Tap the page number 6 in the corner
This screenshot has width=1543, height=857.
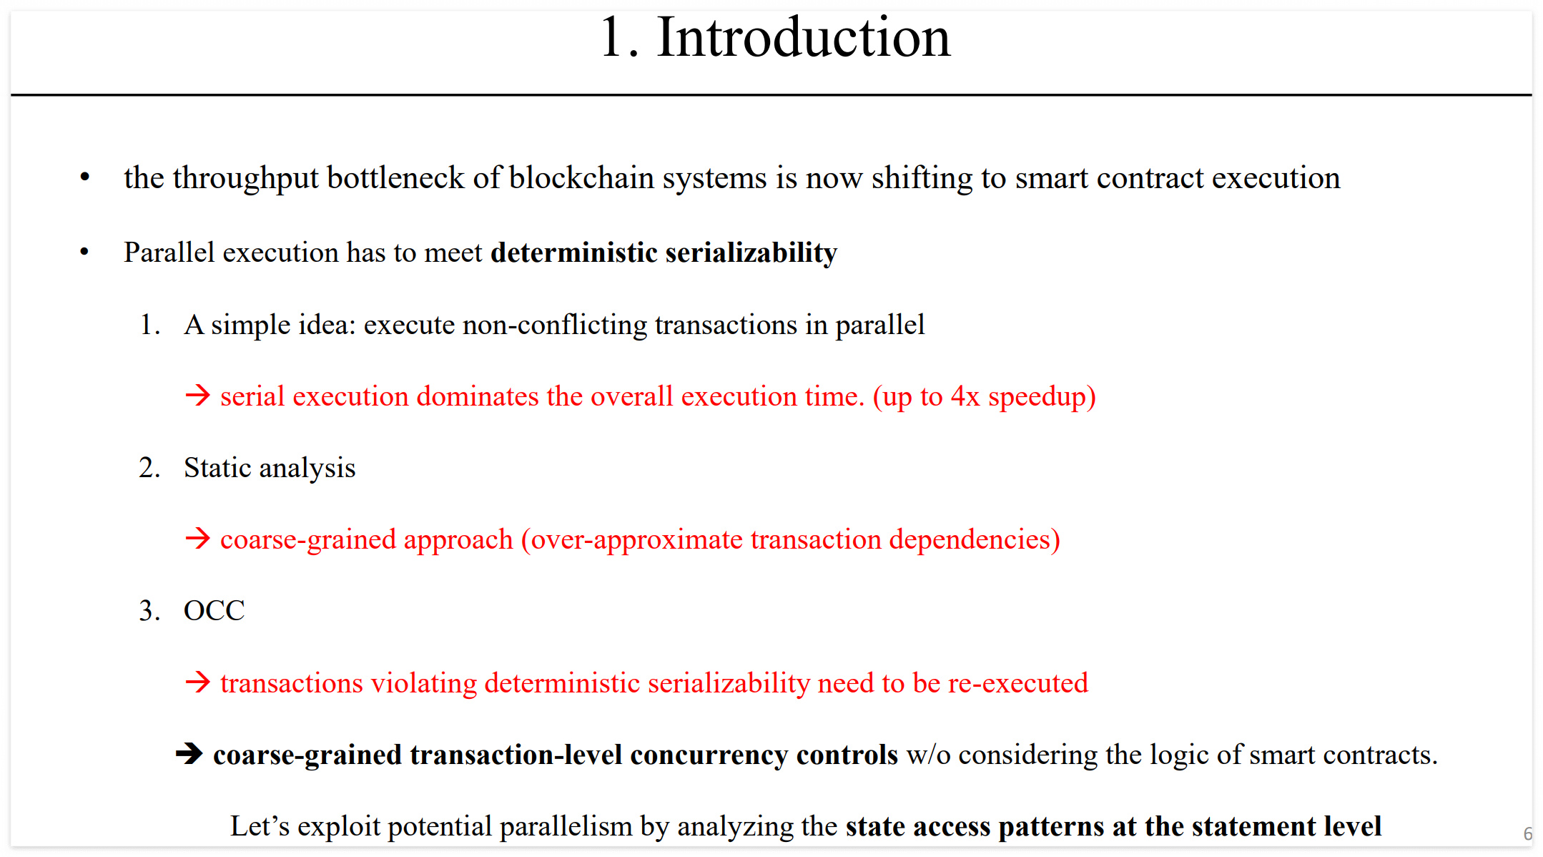click(1527, 834)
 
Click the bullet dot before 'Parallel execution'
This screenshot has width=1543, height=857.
click(85, 252)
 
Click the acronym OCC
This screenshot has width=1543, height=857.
click(214, 611)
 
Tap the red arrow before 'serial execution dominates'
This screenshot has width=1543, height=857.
click(197, 396)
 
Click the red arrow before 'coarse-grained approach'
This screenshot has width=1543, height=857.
click(197, 539)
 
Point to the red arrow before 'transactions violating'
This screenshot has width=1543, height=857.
click(197, 682)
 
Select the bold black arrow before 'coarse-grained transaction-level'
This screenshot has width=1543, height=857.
click(189, 753)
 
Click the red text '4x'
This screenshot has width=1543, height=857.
click(965, 396)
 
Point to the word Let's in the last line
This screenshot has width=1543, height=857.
click(260, 826)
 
